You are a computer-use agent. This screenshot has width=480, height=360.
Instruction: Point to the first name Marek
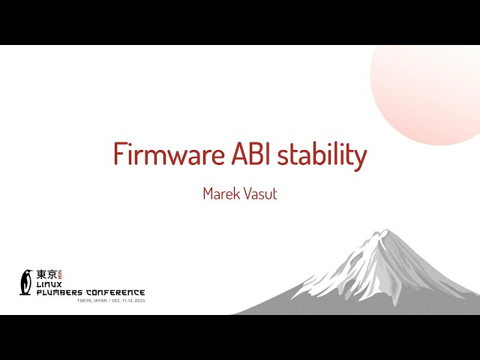[221, 193]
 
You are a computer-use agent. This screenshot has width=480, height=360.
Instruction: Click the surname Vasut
[260, 193]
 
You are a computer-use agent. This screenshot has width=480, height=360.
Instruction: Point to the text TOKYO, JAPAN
[91, 300]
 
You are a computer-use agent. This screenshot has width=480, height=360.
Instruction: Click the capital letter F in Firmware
[119, 154]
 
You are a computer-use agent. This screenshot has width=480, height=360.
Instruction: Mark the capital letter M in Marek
[208, 193]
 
